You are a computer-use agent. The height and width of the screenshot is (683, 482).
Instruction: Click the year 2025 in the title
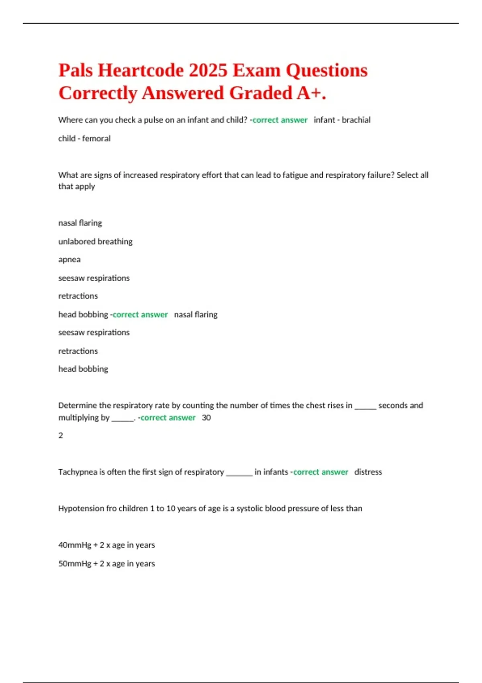click(208, 71)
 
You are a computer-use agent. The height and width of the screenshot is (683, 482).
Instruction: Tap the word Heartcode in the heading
click(141, 71)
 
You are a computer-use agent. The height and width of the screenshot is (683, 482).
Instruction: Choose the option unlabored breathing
click(95, 241)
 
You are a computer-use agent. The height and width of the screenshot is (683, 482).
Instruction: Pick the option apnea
click(69, 260)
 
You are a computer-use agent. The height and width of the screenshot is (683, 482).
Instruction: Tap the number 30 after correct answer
click(206, 418)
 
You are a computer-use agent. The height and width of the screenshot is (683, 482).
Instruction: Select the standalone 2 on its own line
click(61, 436)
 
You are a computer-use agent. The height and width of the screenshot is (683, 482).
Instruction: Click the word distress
click(368, 472)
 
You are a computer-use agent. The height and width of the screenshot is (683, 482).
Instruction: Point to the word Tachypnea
click(78, 472)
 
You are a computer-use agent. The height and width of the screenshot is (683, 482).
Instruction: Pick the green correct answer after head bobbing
click(140, 315)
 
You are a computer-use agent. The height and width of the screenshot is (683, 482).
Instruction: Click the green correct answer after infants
click(321, 472)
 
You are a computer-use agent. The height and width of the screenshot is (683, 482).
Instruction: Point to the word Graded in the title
click(260, 93)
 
